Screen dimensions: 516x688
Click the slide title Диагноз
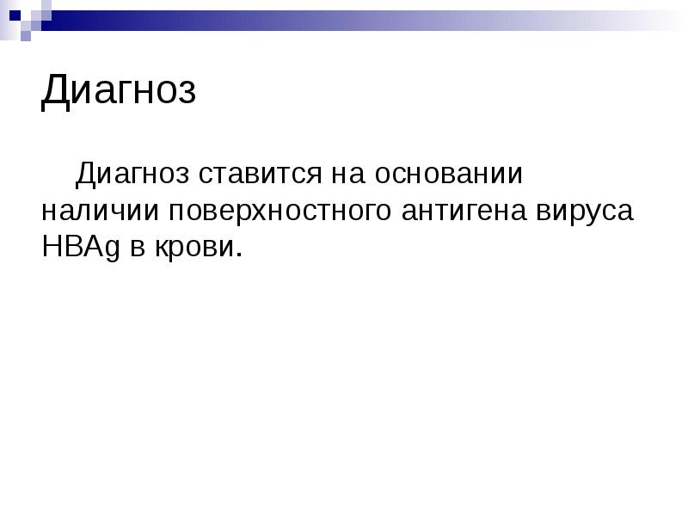pos(119,91)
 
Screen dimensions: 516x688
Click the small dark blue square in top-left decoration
pos(15,15)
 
